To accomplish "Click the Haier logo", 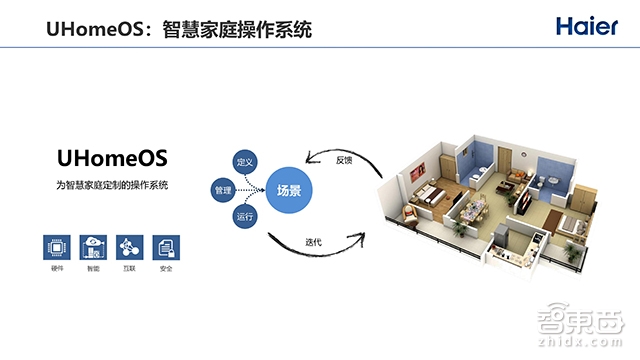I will (584, 26).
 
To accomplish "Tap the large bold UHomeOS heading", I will (112, 158).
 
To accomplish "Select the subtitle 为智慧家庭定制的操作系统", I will (112, 186).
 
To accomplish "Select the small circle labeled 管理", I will (223, 188).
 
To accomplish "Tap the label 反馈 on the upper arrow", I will (343, 159).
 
